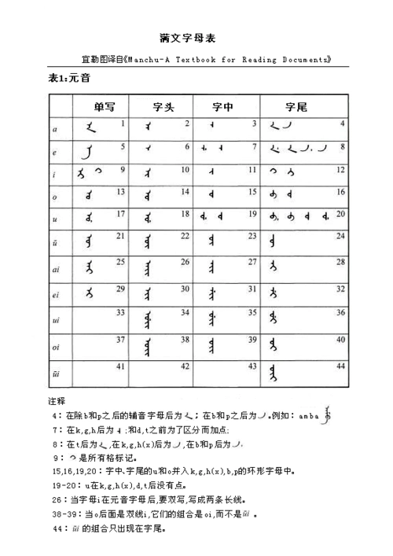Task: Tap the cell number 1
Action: coord(122,123)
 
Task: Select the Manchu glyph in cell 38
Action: coord(146,347)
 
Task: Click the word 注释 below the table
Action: coord(57,400)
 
